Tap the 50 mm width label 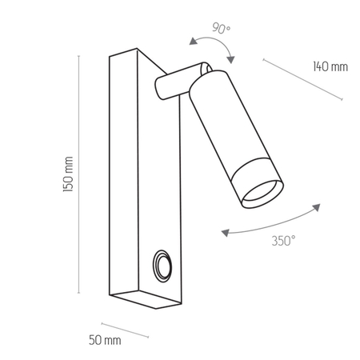(x=106, y=341)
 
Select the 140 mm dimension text (x=330, y=66)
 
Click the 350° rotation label (x=282, y=240)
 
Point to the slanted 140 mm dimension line (x=302, y=79)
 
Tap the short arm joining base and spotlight (x=173, y=84)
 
